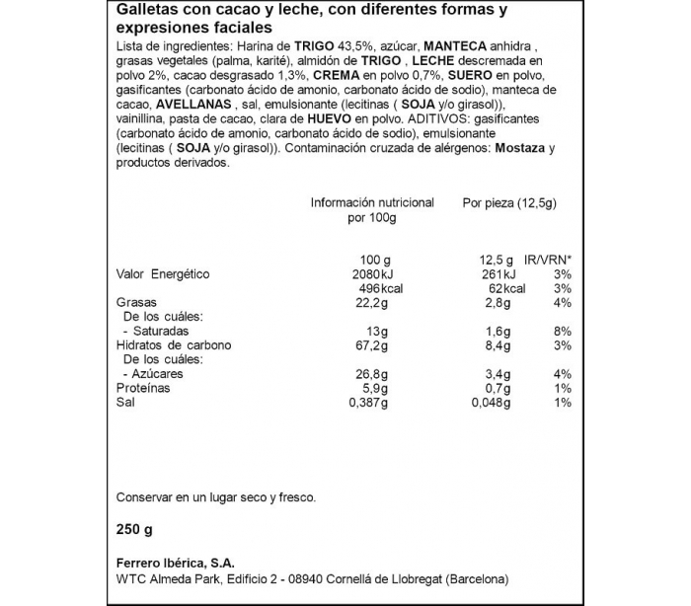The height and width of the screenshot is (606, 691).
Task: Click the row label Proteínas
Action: coord(143,388)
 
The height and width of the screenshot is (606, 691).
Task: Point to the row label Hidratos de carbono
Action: coord(174,345)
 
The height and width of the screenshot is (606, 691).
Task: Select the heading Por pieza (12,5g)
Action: coord(510,202)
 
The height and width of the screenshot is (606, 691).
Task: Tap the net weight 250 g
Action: coord(134,529)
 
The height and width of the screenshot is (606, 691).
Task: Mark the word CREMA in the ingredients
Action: coord(340,74)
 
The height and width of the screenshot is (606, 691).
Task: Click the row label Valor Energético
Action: coord(163,273)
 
